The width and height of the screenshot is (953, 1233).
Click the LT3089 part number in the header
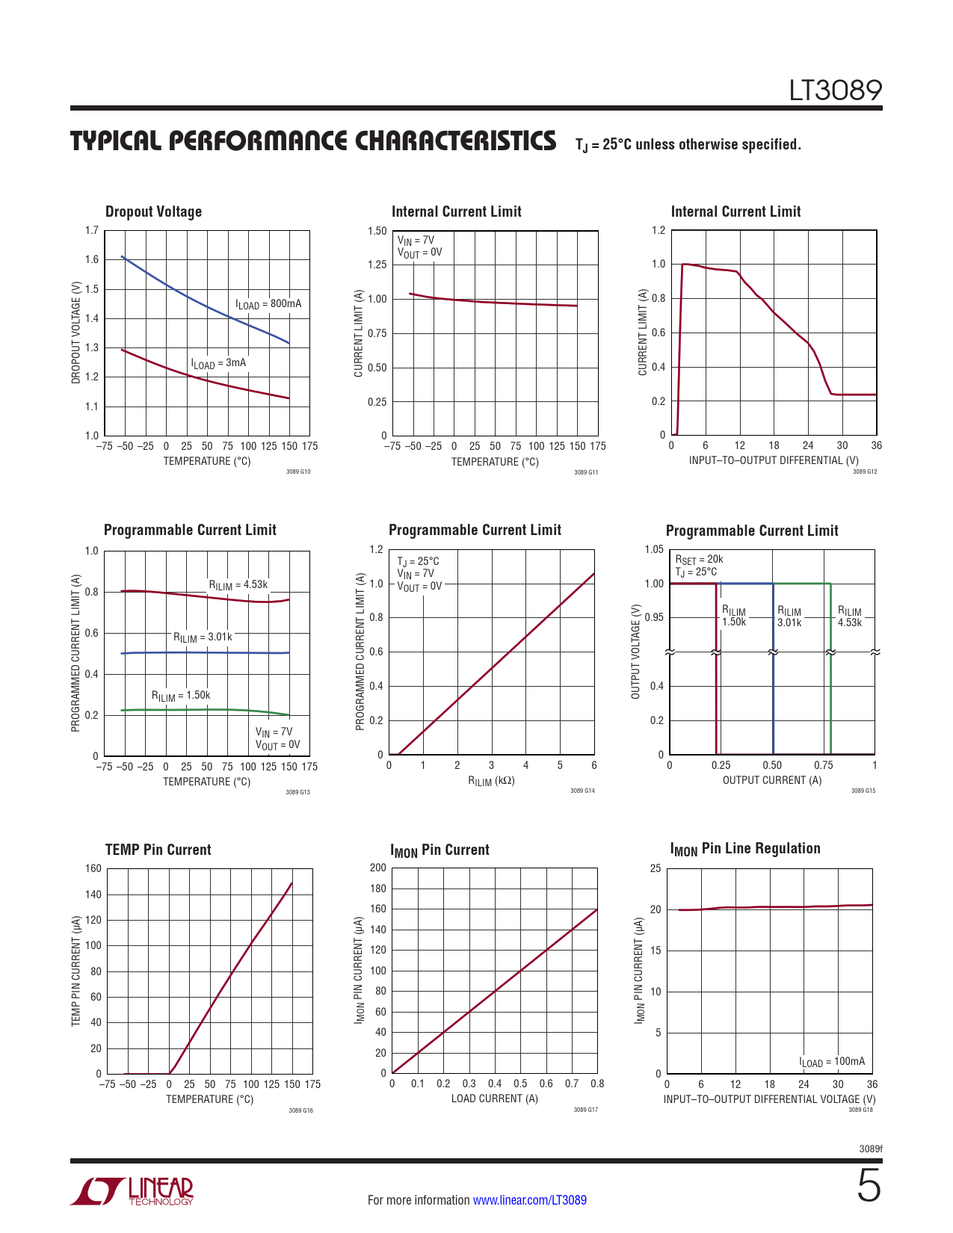pyautogui.click(x=836, y=90)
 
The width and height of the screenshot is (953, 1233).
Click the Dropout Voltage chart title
pyautogui.click(x=153, y=211)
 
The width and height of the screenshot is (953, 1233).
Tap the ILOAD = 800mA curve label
pyautogui.click(x=268, y=304)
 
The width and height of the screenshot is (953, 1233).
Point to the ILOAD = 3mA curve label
pyautogui.click(x=218, y=363)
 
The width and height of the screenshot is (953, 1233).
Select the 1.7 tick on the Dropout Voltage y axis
pyautogui.click(x=91, y=230)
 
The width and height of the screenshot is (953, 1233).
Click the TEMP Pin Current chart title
pyautogui.click(x=158, y=850)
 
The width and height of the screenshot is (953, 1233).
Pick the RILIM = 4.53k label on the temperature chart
pyautogui.click(x=238, y=585)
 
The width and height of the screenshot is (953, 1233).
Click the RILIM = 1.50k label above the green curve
pyautogui.click(x=181, y=696)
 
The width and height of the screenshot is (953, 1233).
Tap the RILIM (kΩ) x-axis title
pyautogui.click(x=491, y=781)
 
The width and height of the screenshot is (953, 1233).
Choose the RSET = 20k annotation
pyautogui.click(x=699, y=559)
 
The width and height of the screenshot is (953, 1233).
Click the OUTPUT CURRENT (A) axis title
pyautogui.click(x=771, y=780)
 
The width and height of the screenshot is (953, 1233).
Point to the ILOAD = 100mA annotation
pyautogui.click(x=832, y=1062)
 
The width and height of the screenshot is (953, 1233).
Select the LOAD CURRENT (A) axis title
pyautogui.click(x=494, y=1098)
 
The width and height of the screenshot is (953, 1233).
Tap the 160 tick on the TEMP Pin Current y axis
pyautogui.click(x=93, y=868)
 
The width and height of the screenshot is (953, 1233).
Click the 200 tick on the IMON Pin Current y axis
pyautogui.click(x=378, y=868)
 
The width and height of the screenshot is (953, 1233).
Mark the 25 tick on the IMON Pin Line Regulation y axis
pyautogui.click(x=656, y=868)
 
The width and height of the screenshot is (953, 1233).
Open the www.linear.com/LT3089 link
pyautogui.click(x=529, y=1200)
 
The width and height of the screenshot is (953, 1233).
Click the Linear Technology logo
pyautogui.click(x=132, y=1191)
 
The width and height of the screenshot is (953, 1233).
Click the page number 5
pyautogui.click(x=869, y=1187)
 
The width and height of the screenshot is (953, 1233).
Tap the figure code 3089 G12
pyautogui.click(x=864, y=471)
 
